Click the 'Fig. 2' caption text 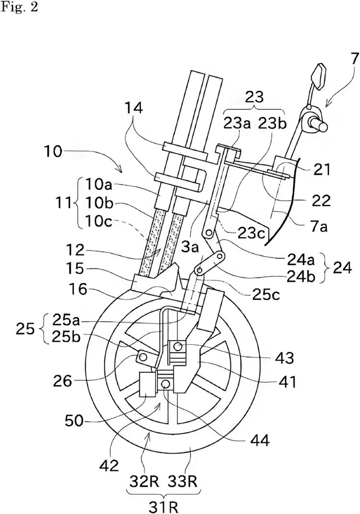pyautogui.click(x=19, y=7)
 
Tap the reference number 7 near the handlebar pyautogui.click(x=354, y=59)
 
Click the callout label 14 pyautogui.click(x=134, y=108)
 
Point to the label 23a pyautogui.click(x=237, y=124)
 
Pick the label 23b pyautogui.click(x=272, y=124)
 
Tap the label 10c pyautogui.click(x=99, y=222)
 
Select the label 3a pyautogui.click(x=190, y=248)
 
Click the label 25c pyautogui.click(x=266, y=294)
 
